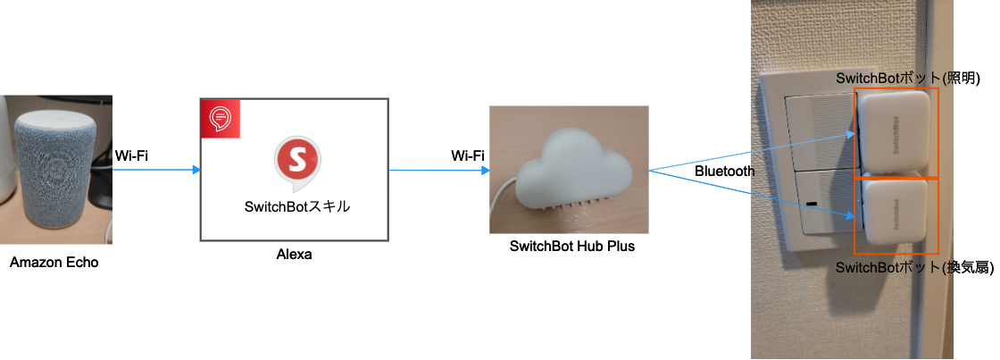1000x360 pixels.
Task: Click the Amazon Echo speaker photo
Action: point(56,169)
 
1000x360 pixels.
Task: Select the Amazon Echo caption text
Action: point(54,263)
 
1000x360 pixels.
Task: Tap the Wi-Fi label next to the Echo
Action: point(132,155)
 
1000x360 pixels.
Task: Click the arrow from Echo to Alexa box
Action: point(157,170)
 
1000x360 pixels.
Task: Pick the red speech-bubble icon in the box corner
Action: point(220,118)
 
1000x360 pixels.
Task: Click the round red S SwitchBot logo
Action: point(298,163)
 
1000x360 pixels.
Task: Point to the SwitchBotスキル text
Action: point(297,207)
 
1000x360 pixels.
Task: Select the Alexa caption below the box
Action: point(294,254)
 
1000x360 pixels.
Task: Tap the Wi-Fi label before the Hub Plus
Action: point(468,155)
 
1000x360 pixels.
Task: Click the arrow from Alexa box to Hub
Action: point(438,171)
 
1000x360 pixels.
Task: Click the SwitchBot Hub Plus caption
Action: point(572,246)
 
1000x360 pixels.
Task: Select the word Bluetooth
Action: point(724,171)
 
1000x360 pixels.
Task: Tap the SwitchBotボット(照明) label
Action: point(908,80)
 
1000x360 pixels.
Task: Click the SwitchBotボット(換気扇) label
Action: point(914,268)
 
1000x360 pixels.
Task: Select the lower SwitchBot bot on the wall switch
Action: point(896,216)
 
